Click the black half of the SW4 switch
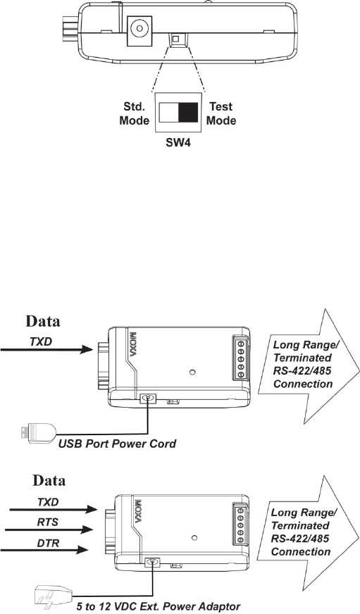(188, 113)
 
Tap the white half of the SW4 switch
(169, 113)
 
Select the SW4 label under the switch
(178, 143)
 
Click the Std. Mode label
(135, 113)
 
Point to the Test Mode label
(221, 113)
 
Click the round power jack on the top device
(139, 29)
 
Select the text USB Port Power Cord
(117, 444)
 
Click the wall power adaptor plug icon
(52, 596)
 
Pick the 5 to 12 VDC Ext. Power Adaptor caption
(159, 606)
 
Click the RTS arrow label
(48, 522)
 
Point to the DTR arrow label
(48, 543)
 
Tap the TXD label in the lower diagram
(48, 501)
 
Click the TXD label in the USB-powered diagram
(41, 342)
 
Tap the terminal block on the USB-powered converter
(240, 358)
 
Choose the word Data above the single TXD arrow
(43, 321)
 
